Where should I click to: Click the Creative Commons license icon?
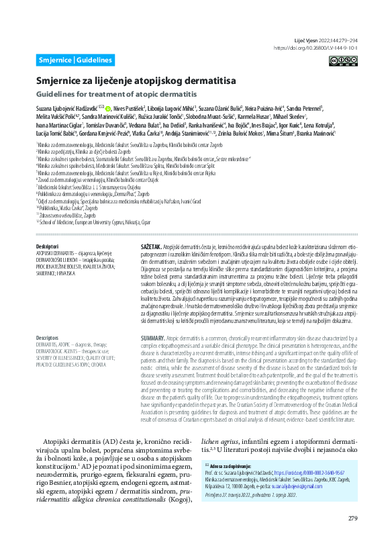(343, 60)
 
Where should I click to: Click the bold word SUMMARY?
(152, 337)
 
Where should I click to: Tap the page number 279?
(352, 537)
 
